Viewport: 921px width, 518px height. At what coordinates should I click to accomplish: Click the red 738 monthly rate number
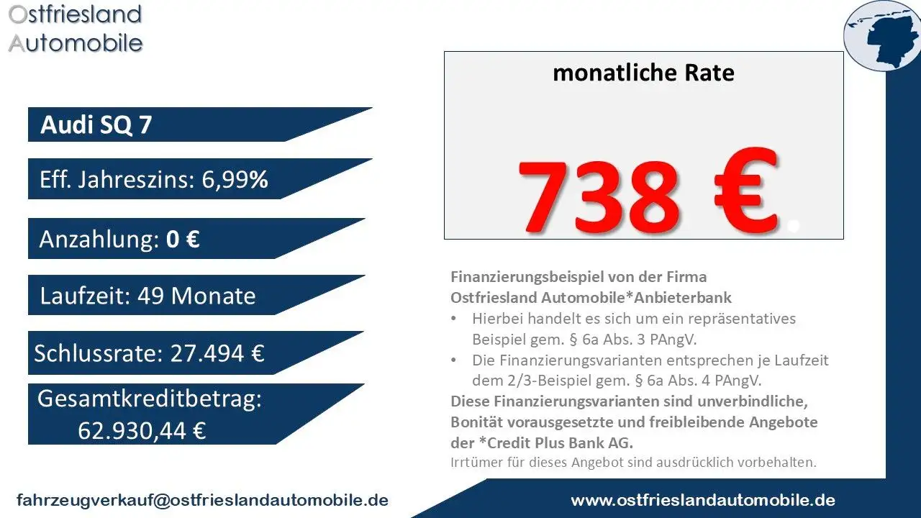[x=599, y=194]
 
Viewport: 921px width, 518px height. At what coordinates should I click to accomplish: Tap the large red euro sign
[x=738, y=191]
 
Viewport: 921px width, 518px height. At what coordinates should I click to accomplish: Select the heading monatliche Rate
[x=643, y=73]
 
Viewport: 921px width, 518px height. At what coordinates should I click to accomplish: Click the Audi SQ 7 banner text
[x=96, y=125]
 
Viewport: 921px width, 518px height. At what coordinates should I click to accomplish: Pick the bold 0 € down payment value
[x=183, y=239]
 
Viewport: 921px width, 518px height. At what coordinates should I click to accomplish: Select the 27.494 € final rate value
[x=217, y=353]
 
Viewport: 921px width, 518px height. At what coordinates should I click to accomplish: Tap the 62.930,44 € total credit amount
[x=142, y=430]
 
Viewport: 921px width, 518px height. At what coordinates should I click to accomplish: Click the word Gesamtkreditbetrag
[x=149, y=400]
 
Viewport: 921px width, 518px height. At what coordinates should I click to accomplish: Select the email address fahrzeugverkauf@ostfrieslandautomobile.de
[x=203, y=500]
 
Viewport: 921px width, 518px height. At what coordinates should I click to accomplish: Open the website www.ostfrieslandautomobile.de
[x=703, y=500]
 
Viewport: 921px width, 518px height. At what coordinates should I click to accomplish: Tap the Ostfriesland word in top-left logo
[x=75, y=14]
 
